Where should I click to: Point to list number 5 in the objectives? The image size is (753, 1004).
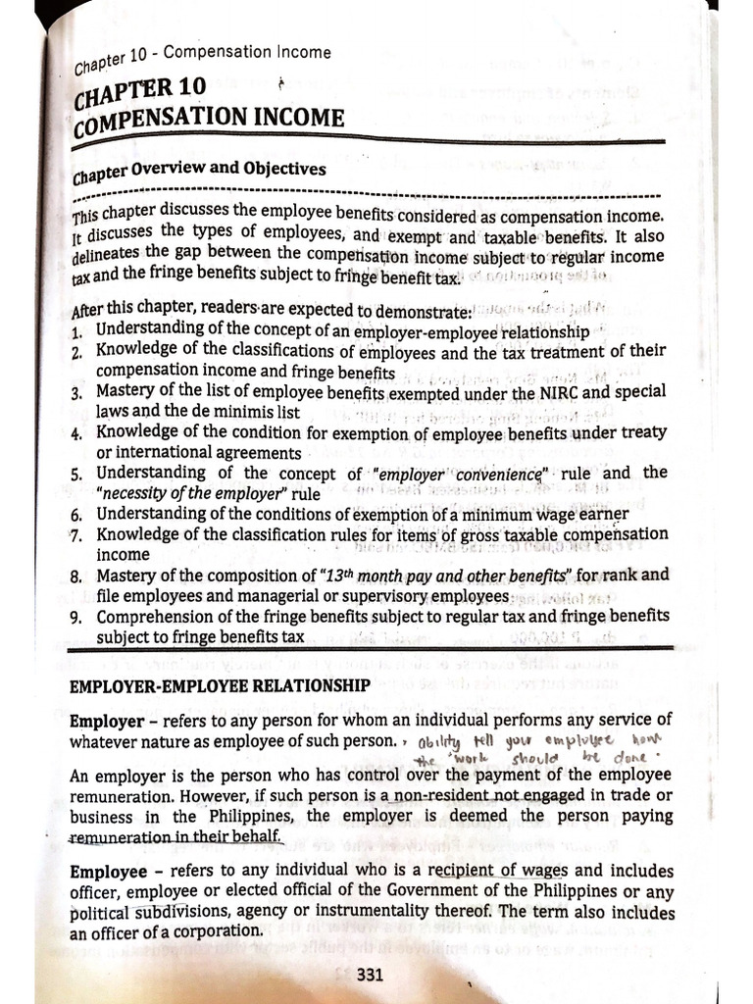point(76,475)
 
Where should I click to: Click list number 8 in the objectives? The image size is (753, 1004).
point(76,577)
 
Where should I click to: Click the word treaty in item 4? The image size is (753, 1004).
point(642,433)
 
